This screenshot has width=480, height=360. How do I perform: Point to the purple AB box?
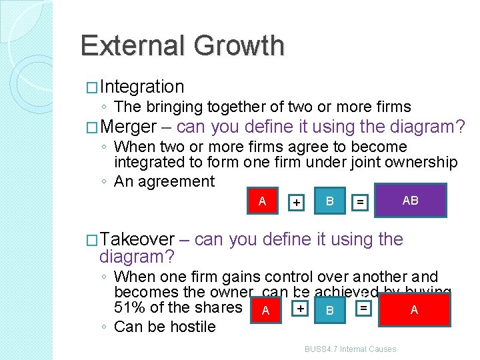pyautogui.click(x=410, y=201)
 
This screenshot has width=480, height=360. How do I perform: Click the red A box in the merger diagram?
pyautogui.click(x=262, y=201)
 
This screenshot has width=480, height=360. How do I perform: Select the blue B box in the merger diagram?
pyautogui.click(x=329, y=201)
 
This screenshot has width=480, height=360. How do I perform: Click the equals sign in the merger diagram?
pyautogui.click(x=360, y=201)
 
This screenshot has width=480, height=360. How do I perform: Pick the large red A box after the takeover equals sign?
pyautogui.click(x=413, y=310)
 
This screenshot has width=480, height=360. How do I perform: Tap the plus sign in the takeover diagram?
pyautogui.click(x=301, y=308)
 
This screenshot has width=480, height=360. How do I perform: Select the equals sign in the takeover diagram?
pyautogui.click(x=363, y=307)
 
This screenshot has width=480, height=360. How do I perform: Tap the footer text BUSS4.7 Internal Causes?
pyautogui.click(x=350, y=349)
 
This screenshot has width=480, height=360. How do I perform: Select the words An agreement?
pyautogui.click(x=164, y=181)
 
